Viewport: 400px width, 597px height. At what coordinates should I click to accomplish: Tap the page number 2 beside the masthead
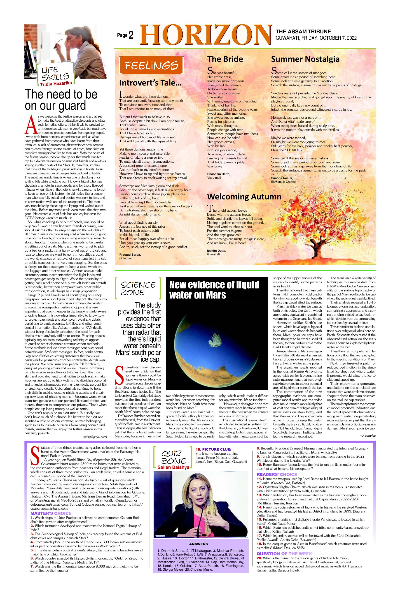(131, 35)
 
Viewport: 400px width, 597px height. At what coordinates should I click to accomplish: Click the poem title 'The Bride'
(225, 59)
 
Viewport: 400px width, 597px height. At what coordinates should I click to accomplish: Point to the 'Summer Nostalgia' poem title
(305, 59)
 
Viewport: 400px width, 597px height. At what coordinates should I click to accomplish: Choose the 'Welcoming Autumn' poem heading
(244, 197)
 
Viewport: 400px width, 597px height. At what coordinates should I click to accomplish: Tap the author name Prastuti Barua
(130, 254)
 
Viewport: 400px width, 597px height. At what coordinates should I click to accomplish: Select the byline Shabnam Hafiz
(218, 174)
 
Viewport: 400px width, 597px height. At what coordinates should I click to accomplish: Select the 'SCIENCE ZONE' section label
(138, 288)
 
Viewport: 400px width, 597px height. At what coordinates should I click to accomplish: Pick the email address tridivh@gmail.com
(94, 437)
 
